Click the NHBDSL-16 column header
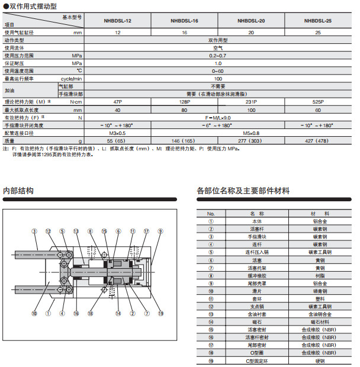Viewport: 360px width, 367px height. tap(184, 21)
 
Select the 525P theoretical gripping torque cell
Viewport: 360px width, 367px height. tap(318, 102)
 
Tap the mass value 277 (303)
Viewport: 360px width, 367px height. tap(251, 141)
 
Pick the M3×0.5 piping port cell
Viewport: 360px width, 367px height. tap(117, 133)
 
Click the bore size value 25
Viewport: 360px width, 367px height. tap(318, 33)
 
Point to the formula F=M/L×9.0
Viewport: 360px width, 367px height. tap(218, 118)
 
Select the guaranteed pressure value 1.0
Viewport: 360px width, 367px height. tap(218, 63)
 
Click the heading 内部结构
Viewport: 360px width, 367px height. tap(18, 191)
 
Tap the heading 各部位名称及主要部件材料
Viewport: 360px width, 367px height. tap(243, 191)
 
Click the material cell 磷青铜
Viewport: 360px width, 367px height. tap(320, 291)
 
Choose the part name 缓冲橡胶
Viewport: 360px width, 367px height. tap(256, 275)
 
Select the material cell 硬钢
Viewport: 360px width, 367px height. tap(320, 360)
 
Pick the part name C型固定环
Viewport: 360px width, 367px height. tap(256, 360)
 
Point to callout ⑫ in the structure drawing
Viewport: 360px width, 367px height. tap(48, 231)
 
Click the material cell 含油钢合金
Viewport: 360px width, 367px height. tap(320, 314)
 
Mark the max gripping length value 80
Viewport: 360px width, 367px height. tap(184, 110)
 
